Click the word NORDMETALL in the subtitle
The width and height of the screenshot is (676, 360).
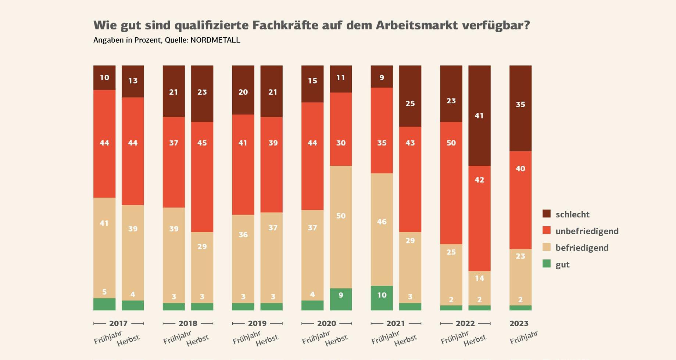[215, 40]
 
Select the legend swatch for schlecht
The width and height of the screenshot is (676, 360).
[547, 214]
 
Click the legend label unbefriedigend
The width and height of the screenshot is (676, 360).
[587, 231]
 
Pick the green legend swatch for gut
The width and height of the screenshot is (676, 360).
[547, 264]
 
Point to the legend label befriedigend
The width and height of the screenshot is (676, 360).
[582, 248]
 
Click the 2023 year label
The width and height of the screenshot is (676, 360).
[519, 323]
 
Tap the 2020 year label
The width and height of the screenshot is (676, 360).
[326, 323]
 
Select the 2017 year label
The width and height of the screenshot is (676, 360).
[118, 323]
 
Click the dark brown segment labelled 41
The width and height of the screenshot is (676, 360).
[479, 115]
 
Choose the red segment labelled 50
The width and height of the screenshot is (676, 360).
[451, 183]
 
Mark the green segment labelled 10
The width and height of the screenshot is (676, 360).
[382, 298]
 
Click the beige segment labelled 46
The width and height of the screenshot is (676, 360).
[382, 229]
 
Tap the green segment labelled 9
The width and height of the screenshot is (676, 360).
[341, 299]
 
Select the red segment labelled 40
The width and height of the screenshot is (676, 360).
[520, 200]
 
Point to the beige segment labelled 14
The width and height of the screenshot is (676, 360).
[479, 288]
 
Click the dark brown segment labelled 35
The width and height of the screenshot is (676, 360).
[520, 108]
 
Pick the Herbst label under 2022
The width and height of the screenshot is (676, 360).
[475, 340]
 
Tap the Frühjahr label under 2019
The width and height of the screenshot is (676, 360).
[247, 338]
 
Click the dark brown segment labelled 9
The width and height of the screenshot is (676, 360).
[382, 76]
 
